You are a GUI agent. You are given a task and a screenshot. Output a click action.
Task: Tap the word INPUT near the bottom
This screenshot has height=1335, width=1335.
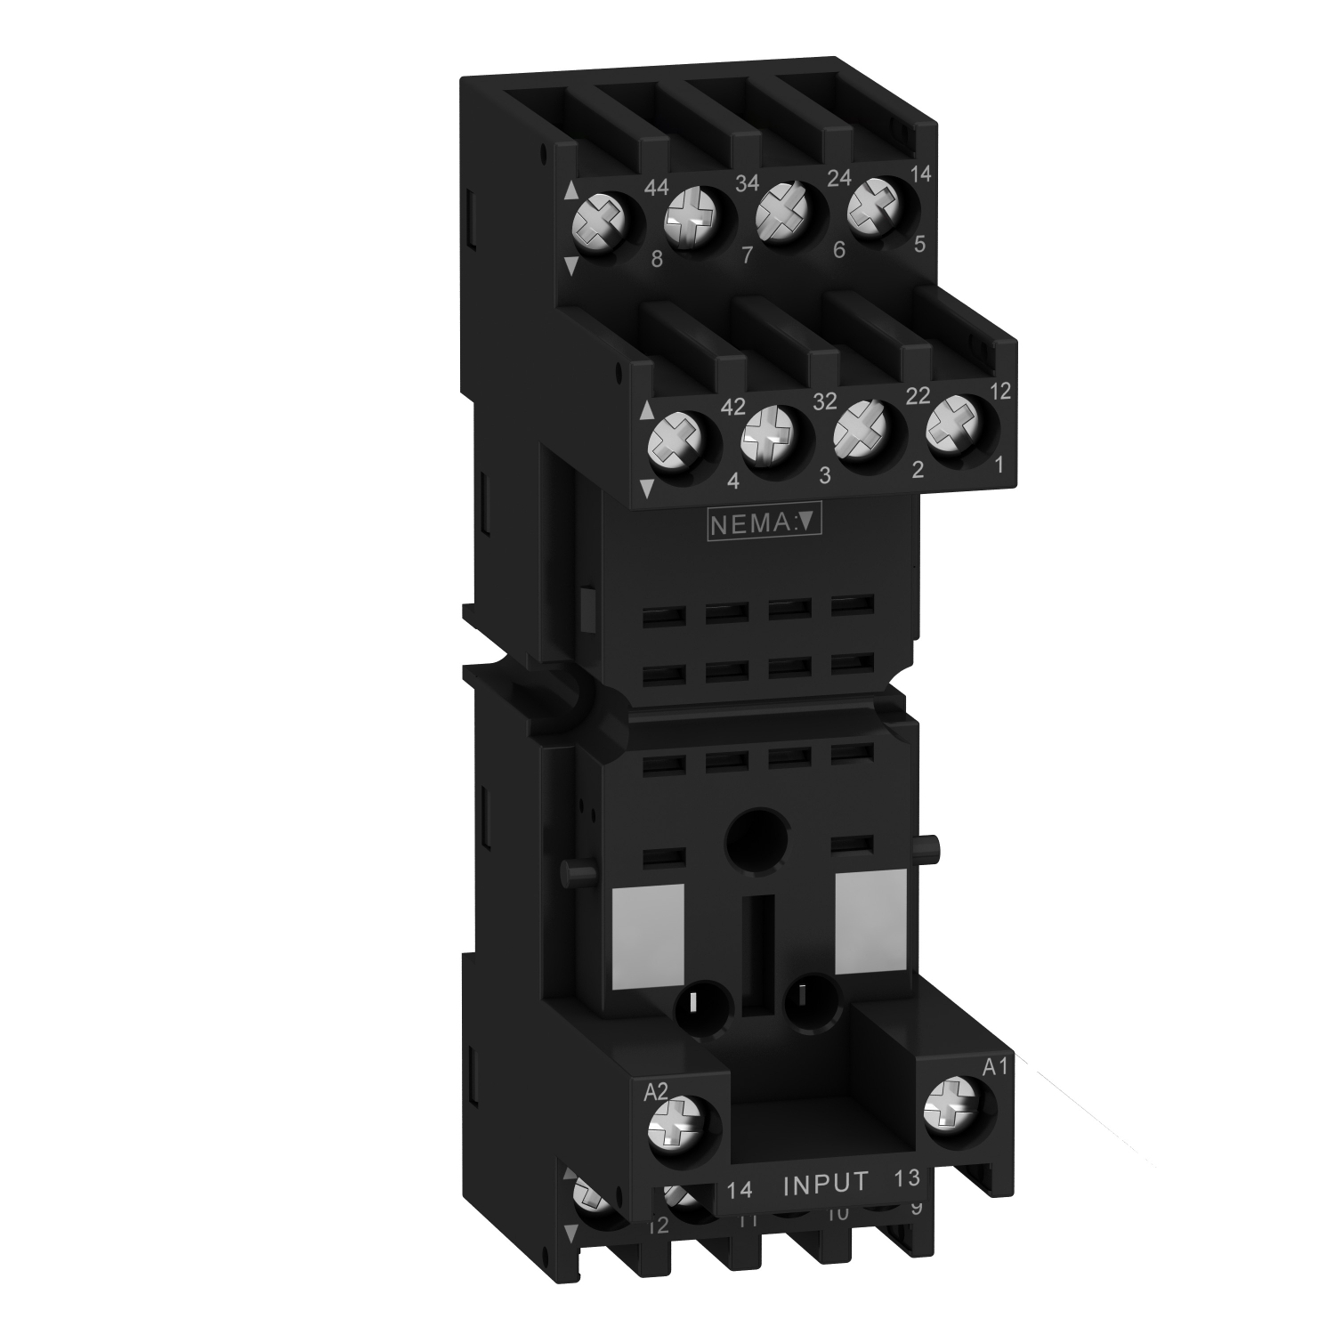825,1183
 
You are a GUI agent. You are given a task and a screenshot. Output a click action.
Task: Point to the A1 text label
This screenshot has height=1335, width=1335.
994,1067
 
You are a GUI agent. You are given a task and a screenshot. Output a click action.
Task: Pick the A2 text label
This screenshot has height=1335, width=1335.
655,1092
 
